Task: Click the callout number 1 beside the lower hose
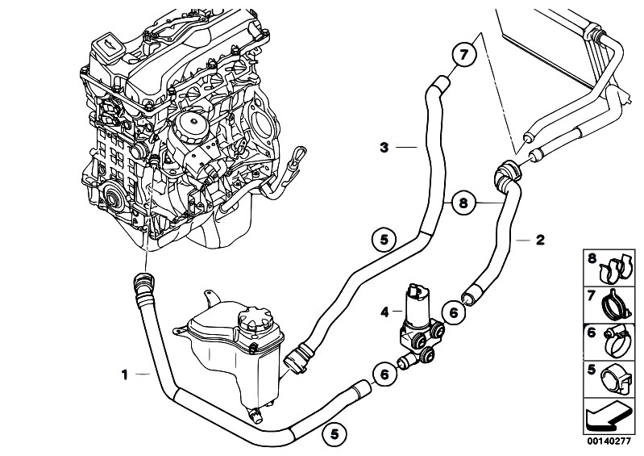click(124, 374)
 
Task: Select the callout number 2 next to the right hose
click(541, 240)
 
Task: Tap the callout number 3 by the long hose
click(385, 147)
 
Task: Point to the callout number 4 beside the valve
click(384, 311)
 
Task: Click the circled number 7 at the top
click(463, 56)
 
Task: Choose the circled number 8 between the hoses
click(463, 204)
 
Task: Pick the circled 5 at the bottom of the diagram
click(333, 434)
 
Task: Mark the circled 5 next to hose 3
click(384, 239)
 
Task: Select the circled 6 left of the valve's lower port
click(384, 374)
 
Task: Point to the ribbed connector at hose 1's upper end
click(141, 284)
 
